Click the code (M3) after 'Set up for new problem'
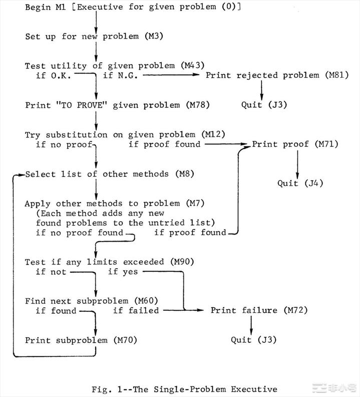point(154,36)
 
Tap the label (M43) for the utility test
point(193,66)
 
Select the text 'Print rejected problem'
point(262,75)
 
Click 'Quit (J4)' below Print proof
point(300,183)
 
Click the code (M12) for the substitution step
point(213,134)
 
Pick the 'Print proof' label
point(280,144)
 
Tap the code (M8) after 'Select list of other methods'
point(185,174)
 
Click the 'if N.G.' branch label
point(120,75)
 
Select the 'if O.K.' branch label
point(54,76)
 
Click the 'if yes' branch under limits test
point(123,272)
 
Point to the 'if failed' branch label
point(136,310)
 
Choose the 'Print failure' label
point(244,310)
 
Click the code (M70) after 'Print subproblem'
point(125,340)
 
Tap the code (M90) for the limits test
point(182,262)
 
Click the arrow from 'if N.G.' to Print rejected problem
point(171,75)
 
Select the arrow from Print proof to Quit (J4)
point(297,164)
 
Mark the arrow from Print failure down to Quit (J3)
point(251,326)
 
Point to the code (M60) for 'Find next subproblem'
point(146,301)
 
